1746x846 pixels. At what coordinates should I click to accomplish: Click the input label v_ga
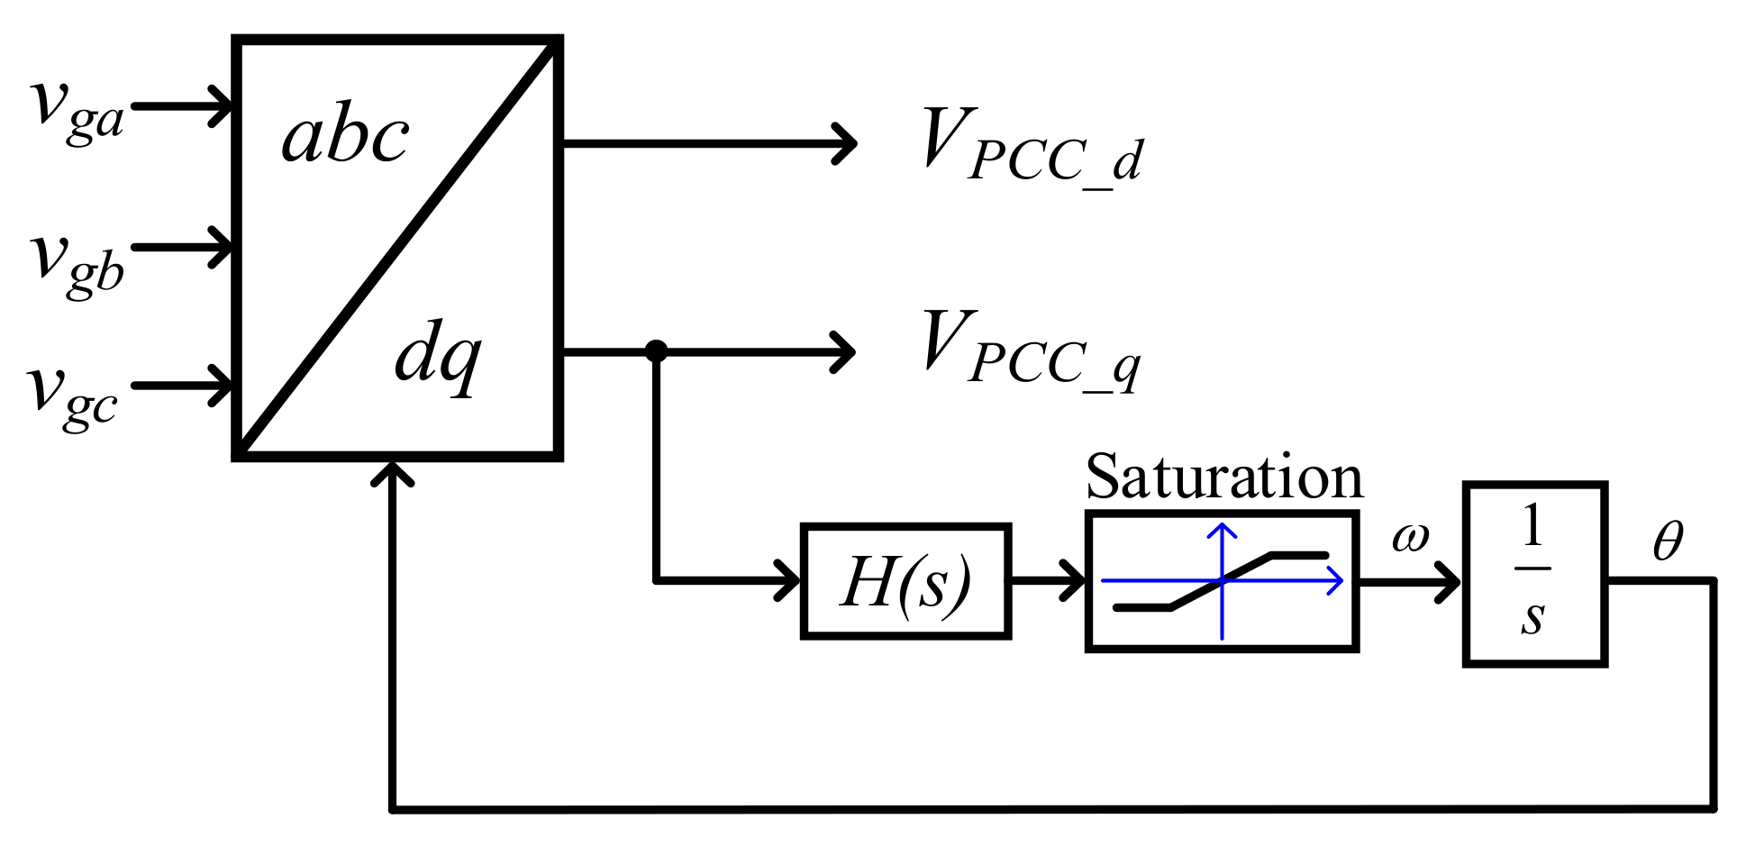pos(77,110)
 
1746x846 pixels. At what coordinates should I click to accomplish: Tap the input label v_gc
pos(72,396)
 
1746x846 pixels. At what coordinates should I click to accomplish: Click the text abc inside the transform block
pos(345,137)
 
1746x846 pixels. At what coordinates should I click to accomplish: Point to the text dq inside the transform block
pos(439,356)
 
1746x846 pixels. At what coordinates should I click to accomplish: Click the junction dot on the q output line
pos(656,350)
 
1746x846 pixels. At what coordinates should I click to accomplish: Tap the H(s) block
pos(905,581)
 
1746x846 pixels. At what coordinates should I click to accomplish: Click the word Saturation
pos(1223,477)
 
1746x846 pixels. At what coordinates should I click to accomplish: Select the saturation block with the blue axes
pos(1222,581)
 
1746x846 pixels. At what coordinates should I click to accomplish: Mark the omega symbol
pos(1410,539)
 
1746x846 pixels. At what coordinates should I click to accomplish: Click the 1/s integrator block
pos(1534,575)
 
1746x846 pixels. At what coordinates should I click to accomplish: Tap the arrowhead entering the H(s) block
pos(791,581)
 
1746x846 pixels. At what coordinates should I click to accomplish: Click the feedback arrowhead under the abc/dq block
pos(393,472)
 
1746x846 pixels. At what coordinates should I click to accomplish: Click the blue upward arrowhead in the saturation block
pos(1222,531)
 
